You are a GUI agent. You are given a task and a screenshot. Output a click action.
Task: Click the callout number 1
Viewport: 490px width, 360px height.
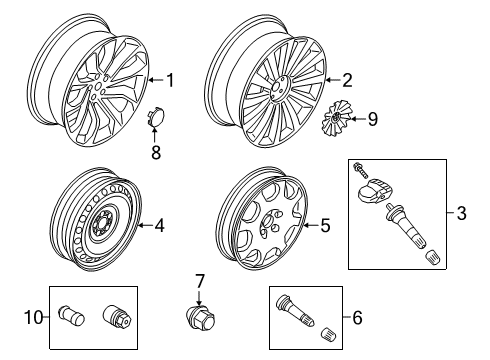click(x=170, y=80)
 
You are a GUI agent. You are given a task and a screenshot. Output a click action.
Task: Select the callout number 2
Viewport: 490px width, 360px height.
click(x=348, y=80)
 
